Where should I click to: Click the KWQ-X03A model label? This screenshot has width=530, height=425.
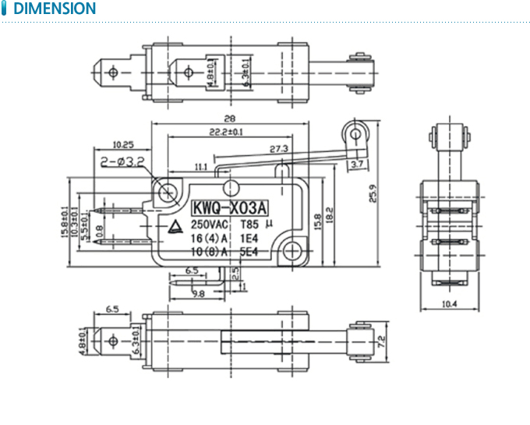point(229,208)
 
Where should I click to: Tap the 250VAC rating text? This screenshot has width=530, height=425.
point(213,224)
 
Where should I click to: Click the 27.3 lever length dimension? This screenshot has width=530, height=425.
point(279,148)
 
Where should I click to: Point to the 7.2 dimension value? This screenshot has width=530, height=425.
point(381,340)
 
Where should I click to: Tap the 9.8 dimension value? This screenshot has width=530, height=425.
point(197,293)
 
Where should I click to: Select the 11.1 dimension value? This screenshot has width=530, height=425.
point(200,166)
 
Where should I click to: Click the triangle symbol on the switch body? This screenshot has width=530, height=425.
point(177,228)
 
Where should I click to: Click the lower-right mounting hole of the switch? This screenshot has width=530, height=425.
point(293,250)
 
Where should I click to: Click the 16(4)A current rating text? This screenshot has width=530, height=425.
point(208,238)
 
